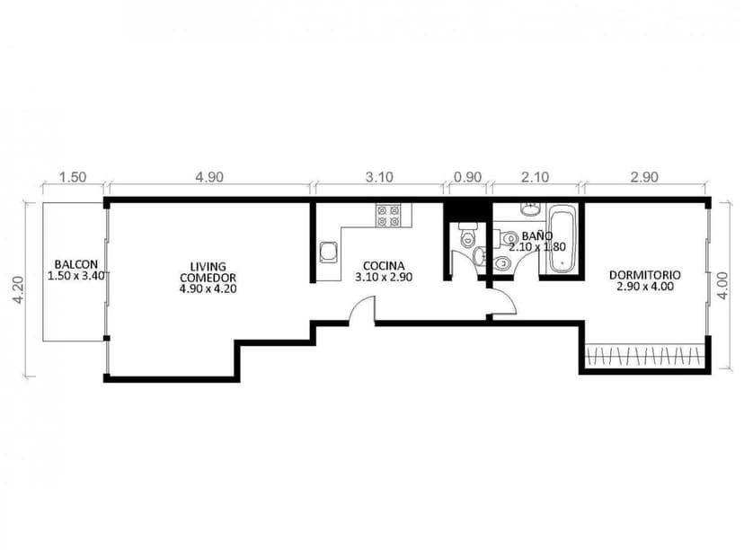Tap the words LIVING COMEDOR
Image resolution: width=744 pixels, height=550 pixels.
pyautogui.click(x=208, y=272)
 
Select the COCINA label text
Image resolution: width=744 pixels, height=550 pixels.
pyautogui.click(x=383, y=266)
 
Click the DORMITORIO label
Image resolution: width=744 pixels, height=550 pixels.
pyautogui.click(x=644, y=275)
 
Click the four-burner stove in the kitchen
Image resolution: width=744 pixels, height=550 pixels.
pyautogui.click(x=388, y=215)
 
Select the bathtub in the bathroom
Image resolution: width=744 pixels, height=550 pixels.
pyautogui.click(x=562, y=241)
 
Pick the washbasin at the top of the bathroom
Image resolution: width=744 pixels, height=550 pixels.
pyautogui.click(x=530, y=209)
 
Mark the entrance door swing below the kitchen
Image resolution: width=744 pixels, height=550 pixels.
pyautogui.click(x=362, y=309)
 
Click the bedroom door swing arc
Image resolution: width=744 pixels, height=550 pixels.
pyautogui.click(x=503, y=302)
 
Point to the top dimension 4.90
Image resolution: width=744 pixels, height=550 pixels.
pyautogui.click(x=208, y=177)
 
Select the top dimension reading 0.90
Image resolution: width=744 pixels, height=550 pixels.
pyautogui.click(x=466, y=177)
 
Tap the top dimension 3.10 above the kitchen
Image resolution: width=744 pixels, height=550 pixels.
pyautogui.click(x=379, y=177)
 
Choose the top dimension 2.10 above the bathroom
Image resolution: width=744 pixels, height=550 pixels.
pyautogui.click(x=535, y=177)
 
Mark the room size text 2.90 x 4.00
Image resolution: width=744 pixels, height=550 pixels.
pyautogui.click(x=644, y=287)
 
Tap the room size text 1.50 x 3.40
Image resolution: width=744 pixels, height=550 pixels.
pyautogui.click(x=75, y=276)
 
